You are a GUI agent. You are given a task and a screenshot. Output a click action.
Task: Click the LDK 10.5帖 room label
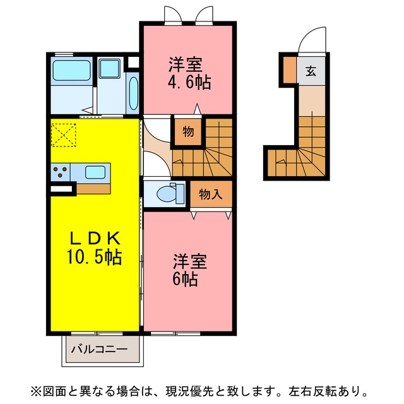pyautogui.click(x=94, y=248)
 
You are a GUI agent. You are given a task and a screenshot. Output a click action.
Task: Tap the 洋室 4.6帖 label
pyautogui.click(x=189, y=73)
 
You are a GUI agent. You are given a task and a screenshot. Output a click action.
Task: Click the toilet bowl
pyautogui.click(x=166, y=194)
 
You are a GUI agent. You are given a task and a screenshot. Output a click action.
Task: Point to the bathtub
pyautogui.click(x=71, y=70)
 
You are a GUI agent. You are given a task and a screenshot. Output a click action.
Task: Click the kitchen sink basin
pyautogui.click(x=95, y=172)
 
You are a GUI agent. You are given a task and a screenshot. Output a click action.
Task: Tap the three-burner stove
pyautogui.click(x=61, y=172)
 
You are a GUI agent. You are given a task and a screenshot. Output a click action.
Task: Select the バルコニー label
pyautogui.click(x=100, y=349)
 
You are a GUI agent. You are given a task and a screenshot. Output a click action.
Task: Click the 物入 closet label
pyautogui.click(x=211, y=194)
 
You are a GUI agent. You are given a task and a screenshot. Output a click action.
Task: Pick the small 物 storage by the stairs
pyautogui.click(x=188, y=132)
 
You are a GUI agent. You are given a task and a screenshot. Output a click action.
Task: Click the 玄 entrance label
pyautogui.click(x=311, y=71)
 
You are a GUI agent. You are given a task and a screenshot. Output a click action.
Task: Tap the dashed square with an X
pyautogui.click(x=63, y=135)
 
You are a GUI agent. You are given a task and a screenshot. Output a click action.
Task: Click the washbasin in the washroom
pyautogui.click(x=110, y=69)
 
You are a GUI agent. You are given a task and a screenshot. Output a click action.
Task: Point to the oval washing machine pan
pyautogui.click(x=133, y=93)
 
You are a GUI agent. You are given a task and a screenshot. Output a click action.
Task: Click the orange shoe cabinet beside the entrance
pyautogui.click(x=290, y=69)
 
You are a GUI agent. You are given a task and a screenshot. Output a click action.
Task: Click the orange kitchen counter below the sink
pyautogui.click(x=93, y=189)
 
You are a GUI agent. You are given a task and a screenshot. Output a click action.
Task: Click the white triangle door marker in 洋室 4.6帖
pyautogui.click(x=198, y=109)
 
